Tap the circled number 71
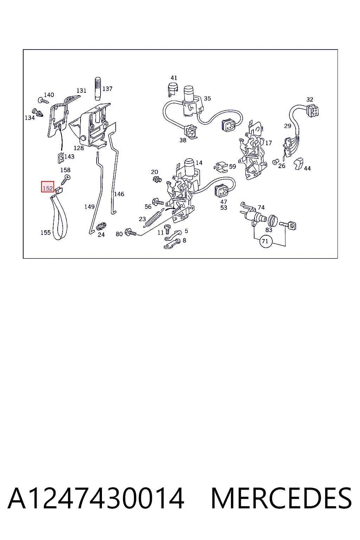(265, 241)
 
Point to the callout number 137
(107, 89)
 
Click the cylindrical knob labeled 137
(98, 89)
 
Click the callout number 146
(119, 194)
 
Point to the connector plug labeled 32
(313, 111)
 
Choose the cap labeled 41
(173, 89)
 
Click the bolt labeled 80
(130, 233)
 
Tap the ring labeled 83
(272, 220)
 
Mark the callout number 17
(268, 143)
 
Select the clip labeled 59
(221, 167)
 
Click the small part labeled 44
(298, 164)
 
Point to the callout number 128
(79, 148)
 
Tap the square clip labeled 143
(61, 158)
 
